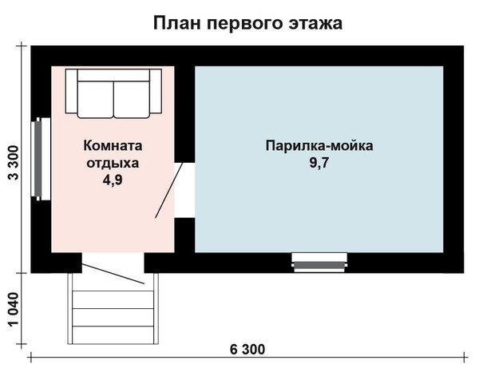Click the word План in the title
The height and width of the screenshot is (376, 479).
click(x=177, y=23)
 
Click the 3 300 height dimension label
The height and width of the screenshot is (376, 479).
click(x=13, y=163)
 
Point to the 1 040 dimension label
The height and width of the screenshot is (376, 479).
click(x=13, y=310)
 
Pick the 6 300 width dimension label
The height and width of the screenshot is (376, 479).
click(x=247, y=350)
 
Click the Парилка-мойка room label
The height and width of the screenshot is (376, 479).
click(x=319, y=146)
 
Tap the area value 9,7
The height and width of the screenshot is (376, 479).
click(x=319, y=163)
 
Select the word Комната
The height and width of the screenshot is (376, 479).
click(x=113, y=146)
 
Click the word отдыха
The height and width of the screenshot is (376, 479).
click(x=113, y=163)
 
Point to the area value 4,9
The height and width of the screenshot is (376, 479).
click(x=113, y=180)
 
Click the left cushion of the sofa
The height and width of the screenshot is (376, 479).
click(x=96, y=99)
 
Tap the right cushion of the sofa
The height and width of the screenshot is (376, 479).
click(x=132, y=99)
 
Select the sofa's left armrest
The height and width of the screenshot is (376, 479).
click(x=72, y=91)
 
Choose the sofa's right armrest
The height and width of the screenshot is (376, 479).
click(x=156, y=91)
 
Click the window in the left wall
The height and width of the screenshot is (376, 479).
click(x=41, y=159)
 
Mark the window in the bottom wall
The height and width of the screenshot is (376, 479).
click(x=319, y=263)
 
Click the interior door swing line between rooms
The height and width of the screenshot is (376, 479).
click(x=169, y=190)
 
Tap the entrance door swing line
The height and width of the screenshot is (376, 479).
click(x=113, y=274)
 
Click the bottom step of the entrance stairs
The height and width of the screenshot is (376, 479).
click(x=113, y=335)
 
